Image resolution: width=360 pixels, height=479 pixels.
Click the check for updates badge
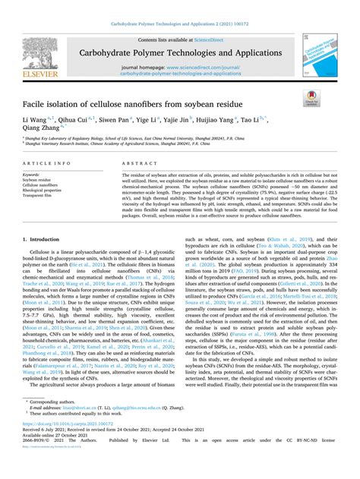click(x=311, y=98)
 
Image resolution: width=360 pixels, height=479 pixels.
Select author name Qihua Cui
click(x=79, y=121)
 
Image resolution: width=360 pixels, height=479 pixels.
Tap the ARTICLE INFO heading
click(x=46, y=163)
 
